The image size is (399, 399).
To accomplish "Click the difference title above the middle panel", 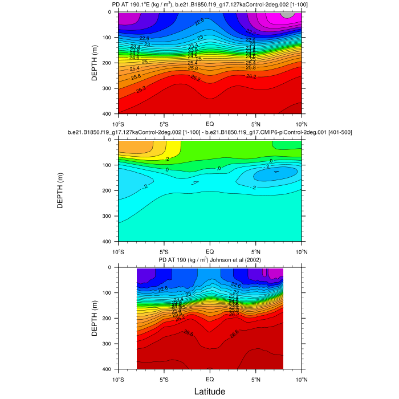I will click(x=210, y=132).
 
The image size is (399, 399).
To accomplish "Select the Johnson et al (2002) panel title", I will click(x=210, y=260).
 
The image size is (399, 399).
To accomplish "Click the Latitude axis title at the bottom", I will click(x=210, y=392).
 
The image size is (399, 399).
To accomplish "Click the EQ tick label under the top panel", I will click(x=210, y=123).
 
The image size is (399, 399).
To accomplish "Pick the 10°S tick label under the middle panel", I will click(x=119, y=251).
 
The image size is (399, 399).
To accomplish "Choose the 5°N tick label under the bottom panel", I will click(x=255, y=378).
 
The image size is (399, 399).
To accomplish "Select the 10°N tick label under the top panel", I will click(x=300, y=123).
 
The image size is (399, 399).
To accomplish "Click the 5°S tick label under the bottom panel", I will click(x=164, y=378).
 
